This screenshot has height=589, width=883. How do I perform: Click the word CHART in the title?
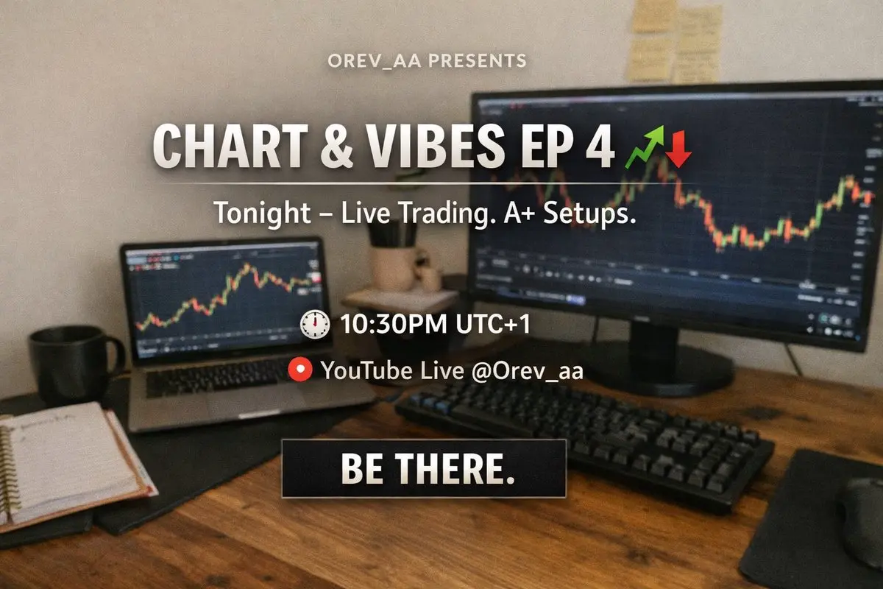coord(230,145)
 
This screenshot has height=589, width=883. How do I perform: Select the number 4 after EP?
coord(600,146)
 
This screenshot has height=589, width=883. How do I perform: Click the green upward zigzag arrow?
coord(645,147)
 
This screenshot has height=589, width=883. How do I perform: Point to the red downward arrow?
coord(678,149)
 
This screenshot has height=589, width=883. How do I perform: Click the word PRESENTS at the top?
coord(477,61)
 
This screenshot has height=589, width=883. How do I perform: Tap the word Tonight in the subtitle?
coord(262,214)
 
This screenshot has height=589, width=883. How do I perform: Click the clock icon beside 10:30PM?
coord(315,324)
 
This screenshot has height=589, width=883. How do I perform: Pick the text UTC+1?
coord(493,324)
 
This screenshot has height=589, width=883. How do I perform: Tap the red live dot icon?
coord(300,370)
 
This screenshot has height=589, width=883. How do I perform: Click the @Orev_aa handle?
coord(527,371)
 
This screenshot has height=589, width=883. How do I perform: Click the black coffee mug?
coord(73,365)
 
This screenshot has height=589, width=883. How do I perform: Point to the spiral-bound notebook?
coord(67,465)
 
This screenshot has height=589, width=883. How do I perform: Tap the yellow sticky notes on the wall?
coord(675,41)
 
